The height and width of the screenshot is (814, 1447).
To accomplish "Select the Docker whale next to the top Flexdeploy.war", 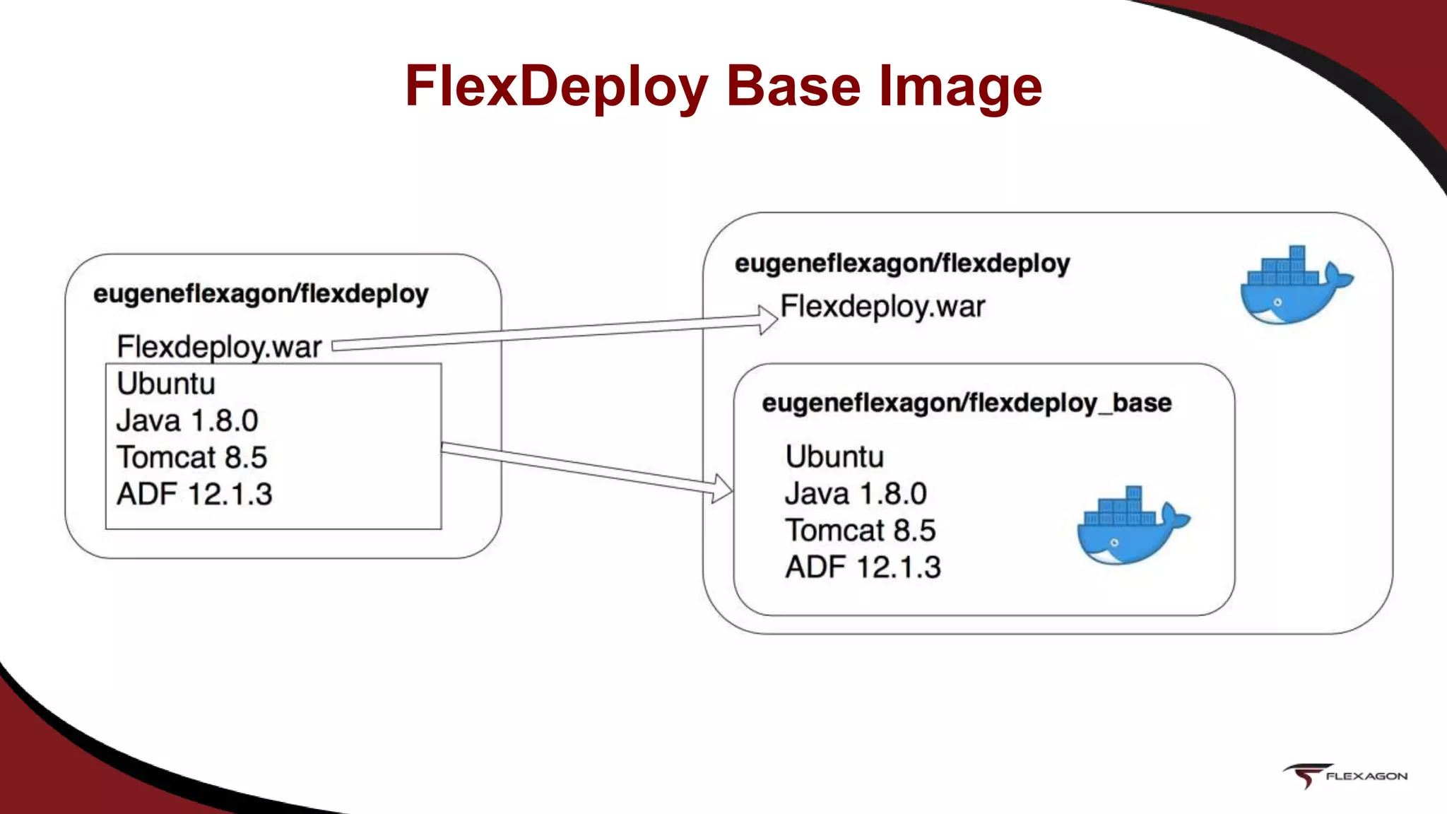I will pyautogui.click(x=1294, y=286).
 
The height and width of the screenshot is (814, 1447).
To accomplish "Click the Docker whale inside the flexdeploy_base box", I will pyautogui.click(x=1130, y=526).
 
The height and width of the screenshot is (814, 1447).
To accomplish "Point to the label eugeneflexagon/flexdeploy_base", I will pyautogui.click(x=967, y=403).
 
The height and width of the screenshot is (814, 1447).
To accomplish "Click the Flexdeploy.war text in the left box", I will pyautogui.click(x=219, y=347).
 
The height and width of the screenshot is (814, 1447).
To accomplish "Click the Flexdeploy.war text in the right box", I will pyautogui.click(x=882, y=307).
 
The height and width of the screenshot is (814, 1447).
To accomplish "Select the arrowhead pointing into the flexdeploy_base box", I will pyautogui.click(x=722, y=488).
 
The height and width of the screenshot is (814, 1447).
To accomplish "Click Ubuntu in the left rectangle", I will pyautogui.click(x=166, y=384).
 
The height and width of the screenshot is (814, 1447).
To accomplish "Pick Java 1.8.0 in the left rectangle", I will pyautogui.click(x=187, y=420).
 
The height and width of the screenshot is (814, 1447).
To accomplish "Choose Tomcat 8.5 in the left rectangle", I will pyautogui.click(x=191, y=457).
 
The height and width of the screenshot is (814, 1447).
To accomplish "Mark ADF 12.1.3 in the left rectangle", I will pyautogui.click(x=194, y=494).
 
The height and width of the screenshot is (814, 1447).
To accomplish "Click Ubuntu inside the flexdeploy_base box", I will pyautogui.click(x=834, y=456).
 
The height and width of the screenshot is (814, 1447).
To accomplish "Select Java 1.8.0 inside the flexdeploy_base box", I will pyautogui.click(x=856, y=493).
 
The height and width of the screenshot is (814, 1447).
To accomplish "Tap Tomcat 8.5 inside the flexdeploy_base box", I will pyautogui.click(x=860, y=530).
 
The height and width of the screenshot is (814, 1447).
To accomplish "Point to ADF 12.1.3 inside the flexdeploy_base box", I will pyautogui.click(x=863, y=567).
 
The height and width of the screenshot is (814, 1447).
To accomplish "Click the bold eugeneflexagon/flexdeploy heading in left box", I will pyautogui.click(x=261, y=293).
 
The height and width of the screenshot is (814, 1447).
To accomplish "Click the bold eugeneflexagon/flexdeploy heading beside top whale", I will pyautogui.click(x=902, y=264).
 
